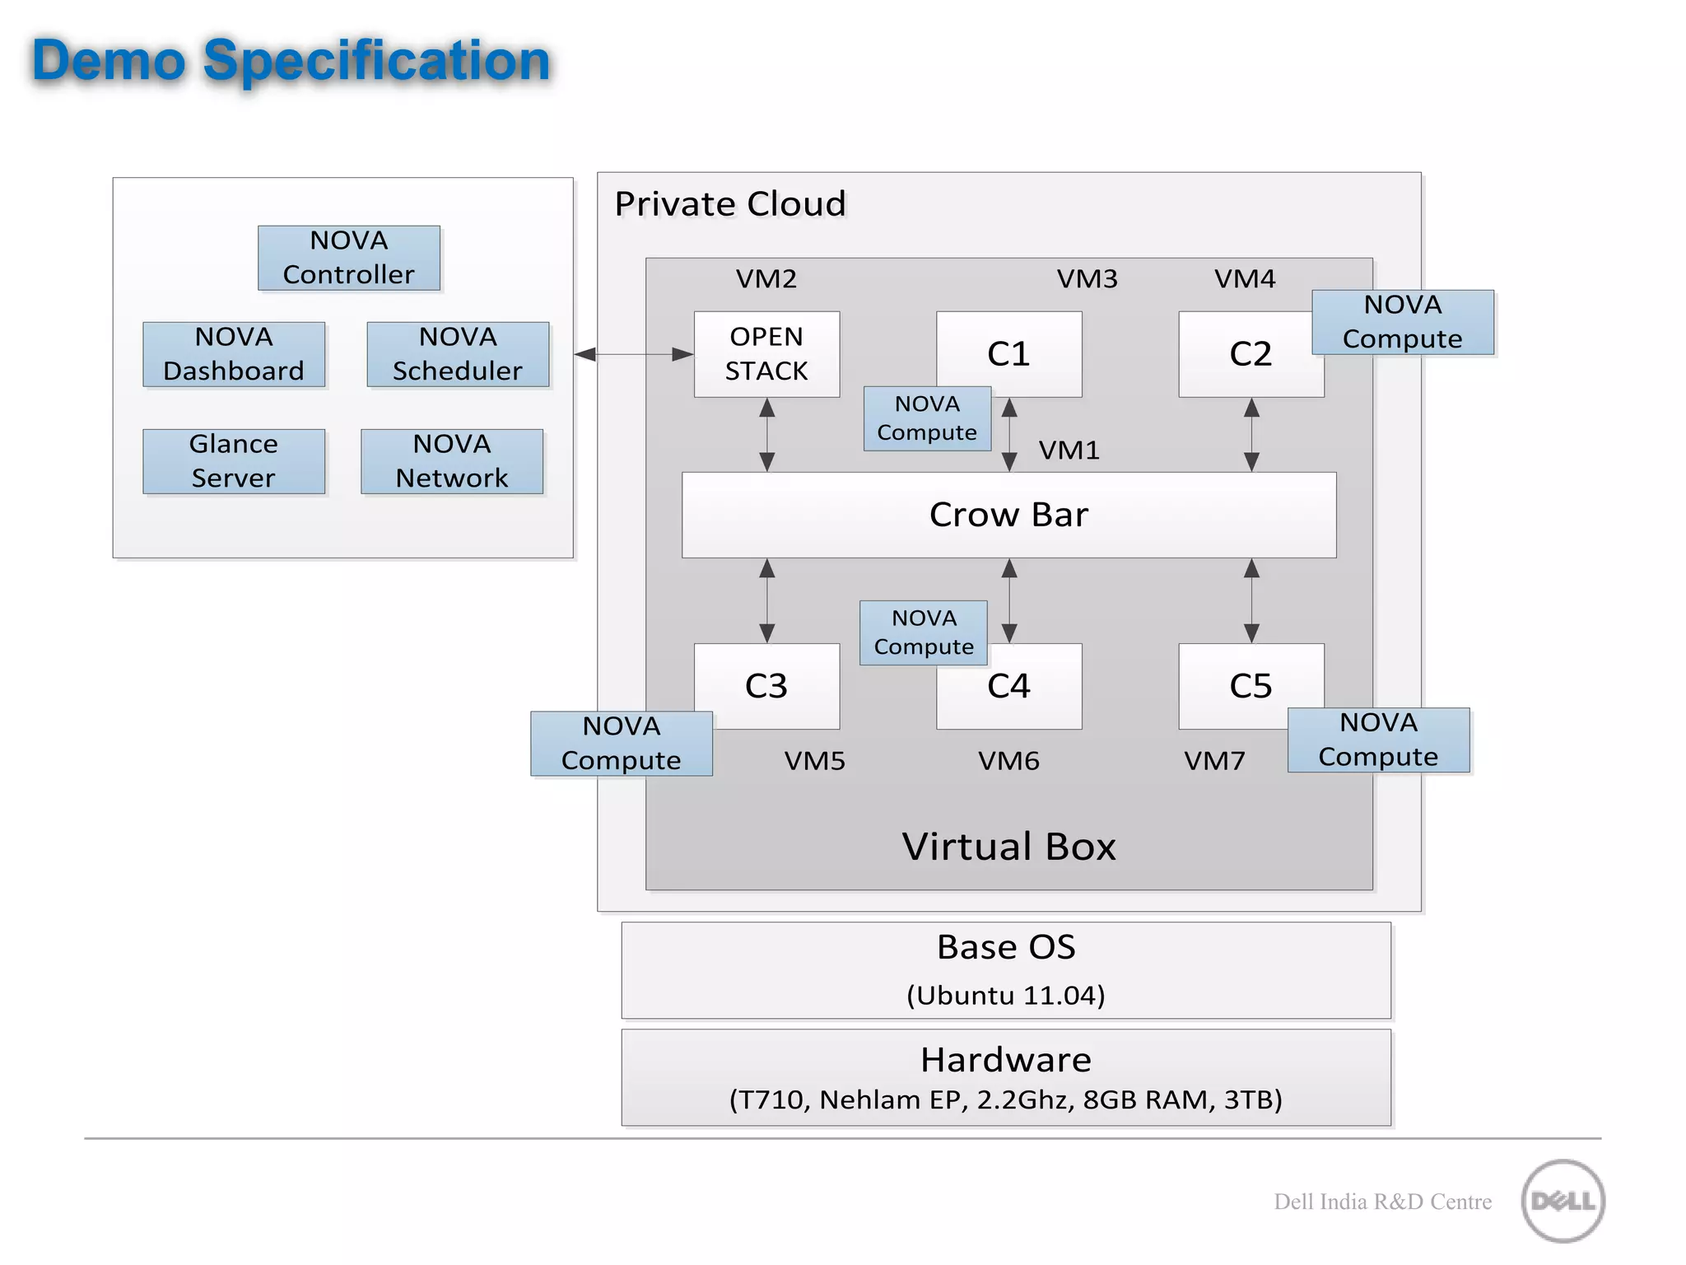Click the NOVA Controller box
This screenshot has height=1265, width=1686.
pyautogui.click(x=349, y=258)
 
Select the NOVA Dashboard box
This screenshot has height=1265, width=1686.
pyautogui.click(x=234, y=354)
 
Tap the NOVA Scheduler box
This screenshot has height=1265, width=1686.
pyautogui.click(x=458, y=354)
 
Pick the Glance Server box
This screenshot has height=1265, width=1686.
pyautogui.click(x=234, y=461)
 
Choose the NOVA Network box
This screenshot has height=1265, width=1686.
pyautogui.click(x=452, y=461)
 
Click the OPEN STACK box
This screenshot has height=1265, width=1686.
pyautogui.click(x=766, y=354)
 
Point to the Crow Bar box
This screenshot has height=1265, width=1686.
pyautogui.click(x=1008, y=515)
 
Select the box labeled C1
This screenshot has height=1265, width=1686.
pyautogui.click(x=1029, y=346)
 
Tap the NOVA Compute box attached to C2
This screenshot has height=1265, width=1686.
pyautogui.click(x=1403, y=322)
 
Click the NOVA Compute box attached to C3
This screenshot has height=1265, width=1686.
pyautogui.click(x=622, y=744)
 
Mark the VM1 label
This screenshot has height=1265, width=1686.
pyautogui.click(x=1069, y=450)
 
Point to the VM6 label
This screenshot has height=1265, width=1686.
pyautogui.click(x=1008, y=760)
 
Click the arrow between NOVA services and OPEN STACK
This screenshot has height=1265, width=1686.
pyautogui.click(x=634, y=354)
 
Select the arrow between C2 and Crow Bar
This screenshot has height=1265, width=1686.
pyautogui.click(x=1251, y=435)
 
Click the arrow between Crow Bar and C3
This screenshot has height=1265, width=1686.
pyautogui.click(x=766, y=600)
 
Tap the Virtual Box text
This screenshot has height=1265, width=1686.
pyautogui.click(x=1008, y=847)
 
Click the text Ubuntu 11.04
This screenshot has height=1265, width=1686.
pyautogui.click(x=1006, y=996)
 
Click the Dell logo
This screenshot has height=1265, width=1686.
pyautogui.click(x=1563, y=1201)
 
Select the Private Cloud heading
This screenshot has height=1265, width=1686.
pyautogui.click(x=730, y=204)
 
